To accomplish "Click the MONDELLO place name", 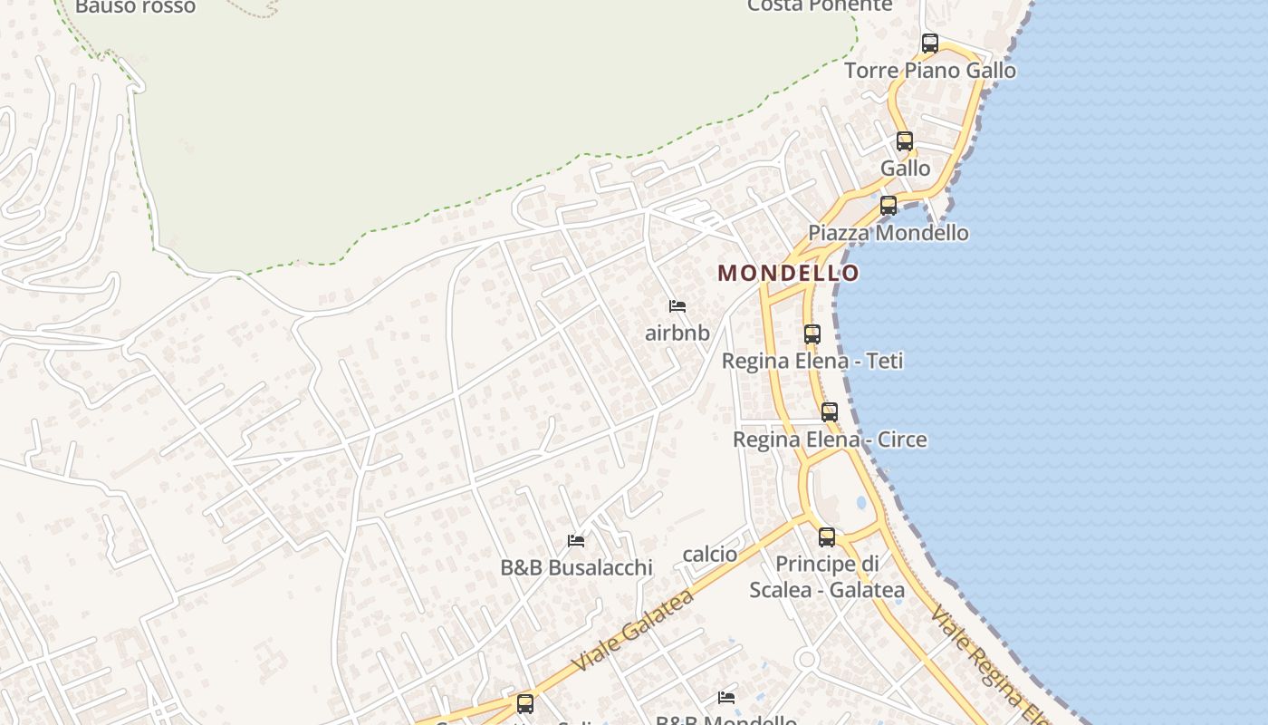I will click(788, 273).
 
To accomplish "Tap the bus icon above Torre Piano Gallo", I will click(929, 43).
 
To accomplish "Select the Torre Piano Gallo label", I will click(930, 71).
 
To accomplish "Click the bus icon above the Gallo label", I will click(904, 140).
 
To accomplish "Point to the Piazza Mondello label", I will click(888, 233).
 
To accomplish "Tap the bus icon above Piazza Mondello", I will click(888, 206).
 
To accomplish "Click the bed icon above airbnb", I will click(677, 306).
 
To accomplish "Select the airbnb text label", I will click(677, 333).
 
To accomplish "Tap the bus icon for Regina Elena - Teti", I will click(812, 333).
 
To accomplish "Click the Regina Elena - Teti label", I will click(812, 361).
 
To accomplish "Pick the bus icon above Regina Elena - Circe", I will click(829, 412).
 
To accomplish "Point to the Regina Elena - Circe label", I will click(829, 440).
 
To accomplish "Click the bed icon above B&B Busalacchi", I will click(575, 541).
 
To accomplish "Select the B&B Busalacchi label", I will click(576, 568).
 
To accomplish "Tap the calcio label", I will click(709, 554).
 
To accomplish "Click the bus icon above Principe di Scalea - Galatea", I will click(826, 536).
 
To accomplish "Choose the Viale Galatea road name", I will click(633, 630).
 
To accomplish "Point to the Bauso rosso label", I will click(135, 7).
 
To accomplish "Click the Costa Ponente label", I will click(819, 5).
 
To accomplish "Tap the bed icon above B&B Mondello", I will click(725, 697).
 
